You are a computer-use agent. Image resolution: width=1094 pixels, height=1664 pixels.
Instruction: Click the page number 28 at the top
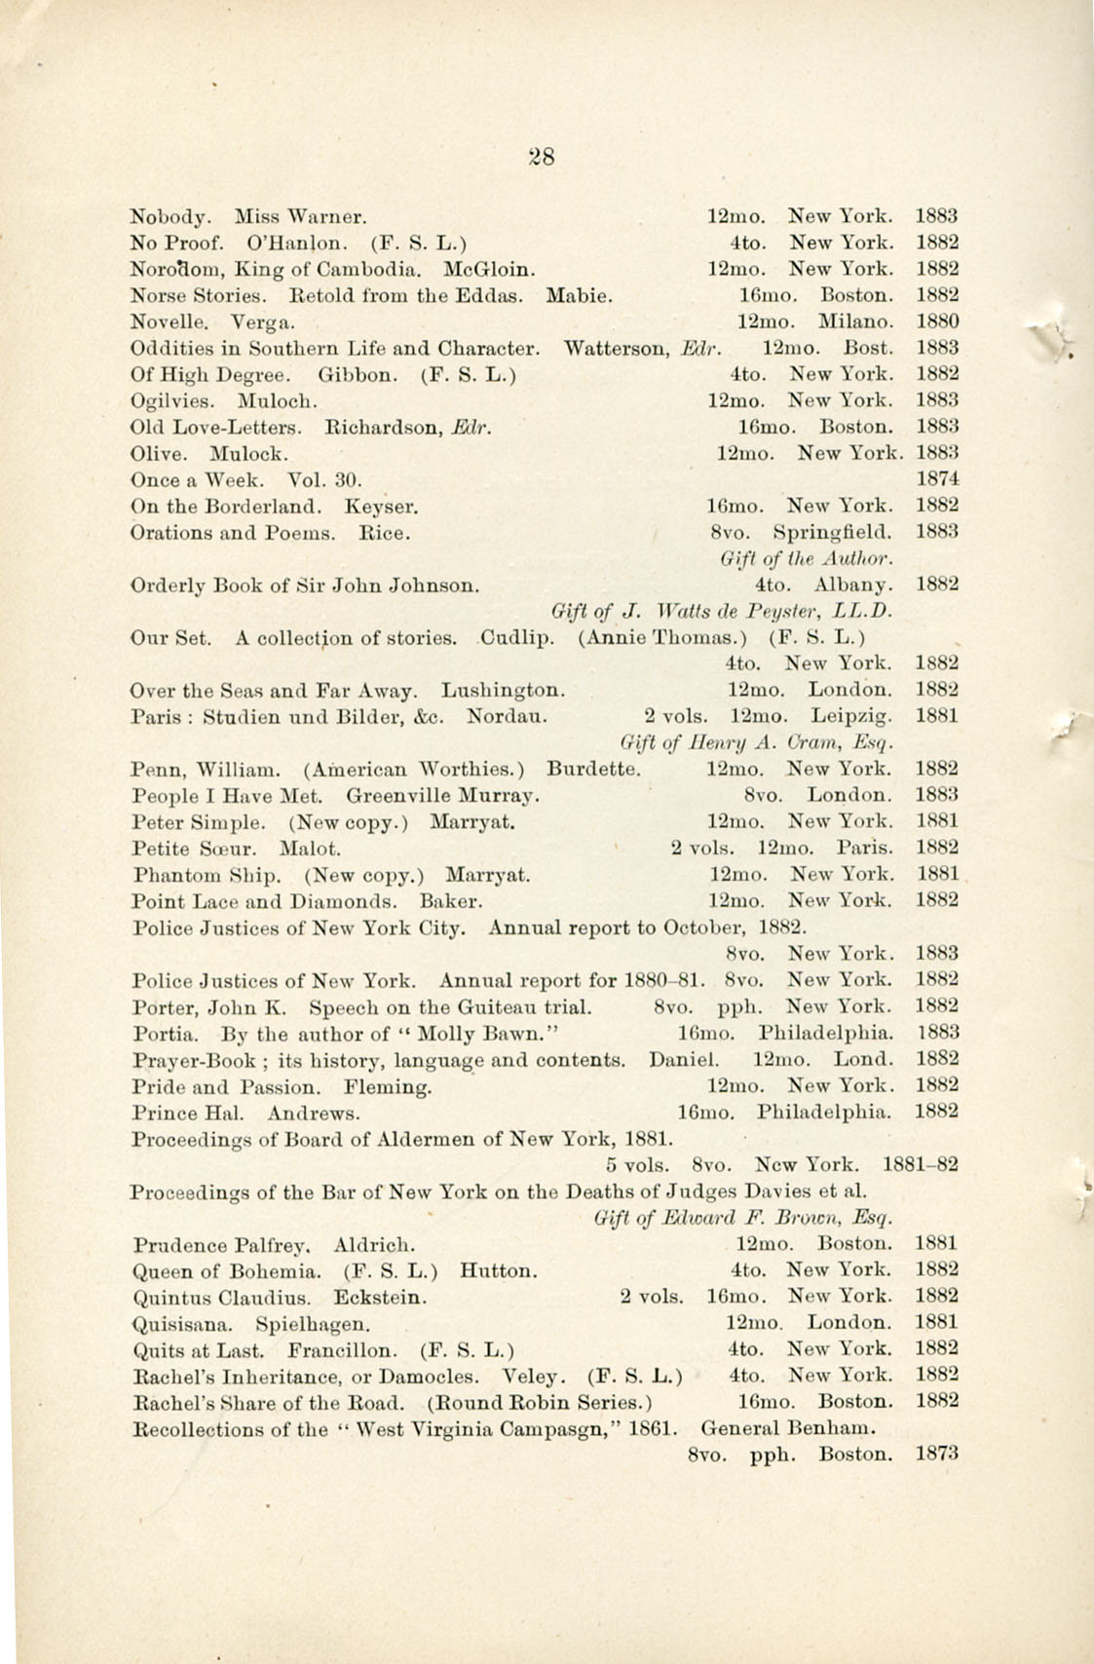pyautogui.click(x=541, y=156)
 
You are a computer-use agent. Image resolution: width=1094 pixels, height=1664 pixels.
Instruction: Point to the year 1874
pyautogui.click(x=938, y=479)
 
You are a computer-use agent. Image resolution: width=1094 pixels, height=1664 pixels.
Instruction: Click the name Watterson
pyautogui.click(x=617, y=348)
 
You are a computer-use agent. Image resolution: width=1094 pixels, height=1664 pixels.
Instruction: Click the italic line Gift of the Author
pyautogui.click(x=808, y=559)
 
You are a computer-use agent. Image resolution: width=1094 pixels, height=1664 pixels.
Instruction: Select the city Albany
pyautogui.click(x=851, y=586)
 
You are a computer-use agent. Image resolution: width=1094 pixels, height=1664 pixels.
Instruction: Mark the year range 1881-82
pyautogui.click(x=921, y=1164)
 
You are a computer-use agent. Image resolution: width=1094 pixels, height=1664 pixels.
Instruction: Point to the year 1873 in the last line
pyautogui.click(x=938, y=1456)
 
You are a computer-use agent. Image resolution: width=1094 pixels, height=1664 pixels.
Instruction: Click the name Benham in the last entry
pyautogui.click(x=840, y=1430)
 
